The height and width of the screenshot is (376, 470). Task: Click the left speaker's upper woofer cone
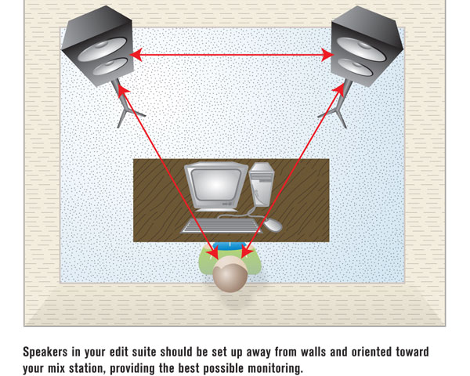coord(103,49)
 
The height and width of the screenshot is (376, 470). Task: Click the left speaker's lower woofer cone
coord(110,67)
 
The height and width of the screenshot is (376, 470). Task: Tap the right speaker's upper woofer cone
coord(360,49)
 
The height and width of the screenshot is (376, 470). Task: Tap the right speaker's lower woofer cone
coord(355,67)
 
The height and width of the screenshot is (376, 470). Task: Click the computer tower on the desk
coord(262,184)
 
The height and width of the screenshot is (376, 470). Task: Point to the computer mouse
coord(273,225)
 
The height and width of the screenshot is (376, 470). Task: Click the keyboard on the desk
coord(221,226)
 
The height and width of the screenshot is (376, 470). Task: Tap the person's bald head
coord(230,274)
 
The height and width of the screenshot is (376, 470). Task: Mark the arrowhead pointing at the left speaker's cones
coord(136,55)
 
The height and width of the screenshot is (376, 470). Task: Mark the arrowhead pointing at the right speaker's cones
coord(327,55)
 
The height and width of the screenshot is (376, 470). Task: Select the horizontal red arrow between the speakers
coord(232,55)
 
